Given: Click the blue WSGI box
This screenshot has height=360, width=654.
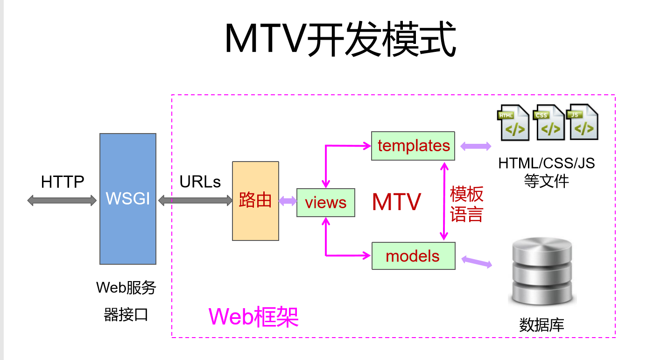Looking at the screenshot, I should click(127, 199).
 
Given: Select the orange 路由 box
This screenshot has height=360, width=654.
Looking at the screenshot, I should click(255, 201).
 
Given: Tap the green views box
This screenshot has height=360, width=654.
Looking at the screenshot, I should click(326, 203).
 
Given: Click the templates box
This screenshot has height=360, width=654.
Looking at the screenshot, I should click(413, 146).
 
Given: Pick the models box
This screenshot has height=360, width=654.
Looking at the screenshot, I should click(413, 256).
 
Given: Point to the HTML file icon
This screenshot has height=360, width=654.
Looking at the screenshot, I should click(513, 123).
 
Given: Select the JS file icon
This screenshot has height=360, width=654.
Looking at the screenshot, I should click(582, 122).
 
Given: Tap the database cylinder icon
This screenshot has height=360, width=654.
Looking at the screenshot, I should click(541, 272).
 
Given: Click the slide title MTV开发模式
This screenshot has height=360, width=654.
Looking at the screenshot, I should click(340, 40).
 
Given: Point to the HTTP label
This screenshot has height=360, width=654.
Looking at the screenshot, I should click(63, 182).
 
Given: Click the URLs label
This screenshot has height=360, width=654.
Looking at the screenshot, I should click(200, 182).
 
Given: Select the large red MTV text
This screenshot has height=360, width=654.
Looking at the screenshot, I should click(396, 202).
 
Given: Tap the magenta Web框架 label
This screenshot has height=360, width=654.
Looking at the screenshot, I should click(253, 317).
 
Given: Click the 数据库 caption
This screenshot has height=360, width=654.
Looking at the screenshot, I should click(541, 325).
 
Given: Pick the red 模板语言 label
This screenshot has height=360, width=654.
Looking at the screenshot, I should click(466, 204).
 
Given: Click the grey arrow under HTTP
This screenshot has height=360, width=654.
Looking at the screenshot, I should click(62, 201).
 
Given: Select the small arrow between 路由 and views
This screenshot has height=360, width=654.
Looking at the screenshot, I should click(288, 201).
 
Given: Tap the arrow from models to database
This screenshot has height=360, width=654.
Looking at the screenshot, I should click(477, 262).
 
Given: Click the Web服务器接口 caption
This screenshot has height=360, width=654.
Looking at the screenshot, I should click(126, 301).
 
